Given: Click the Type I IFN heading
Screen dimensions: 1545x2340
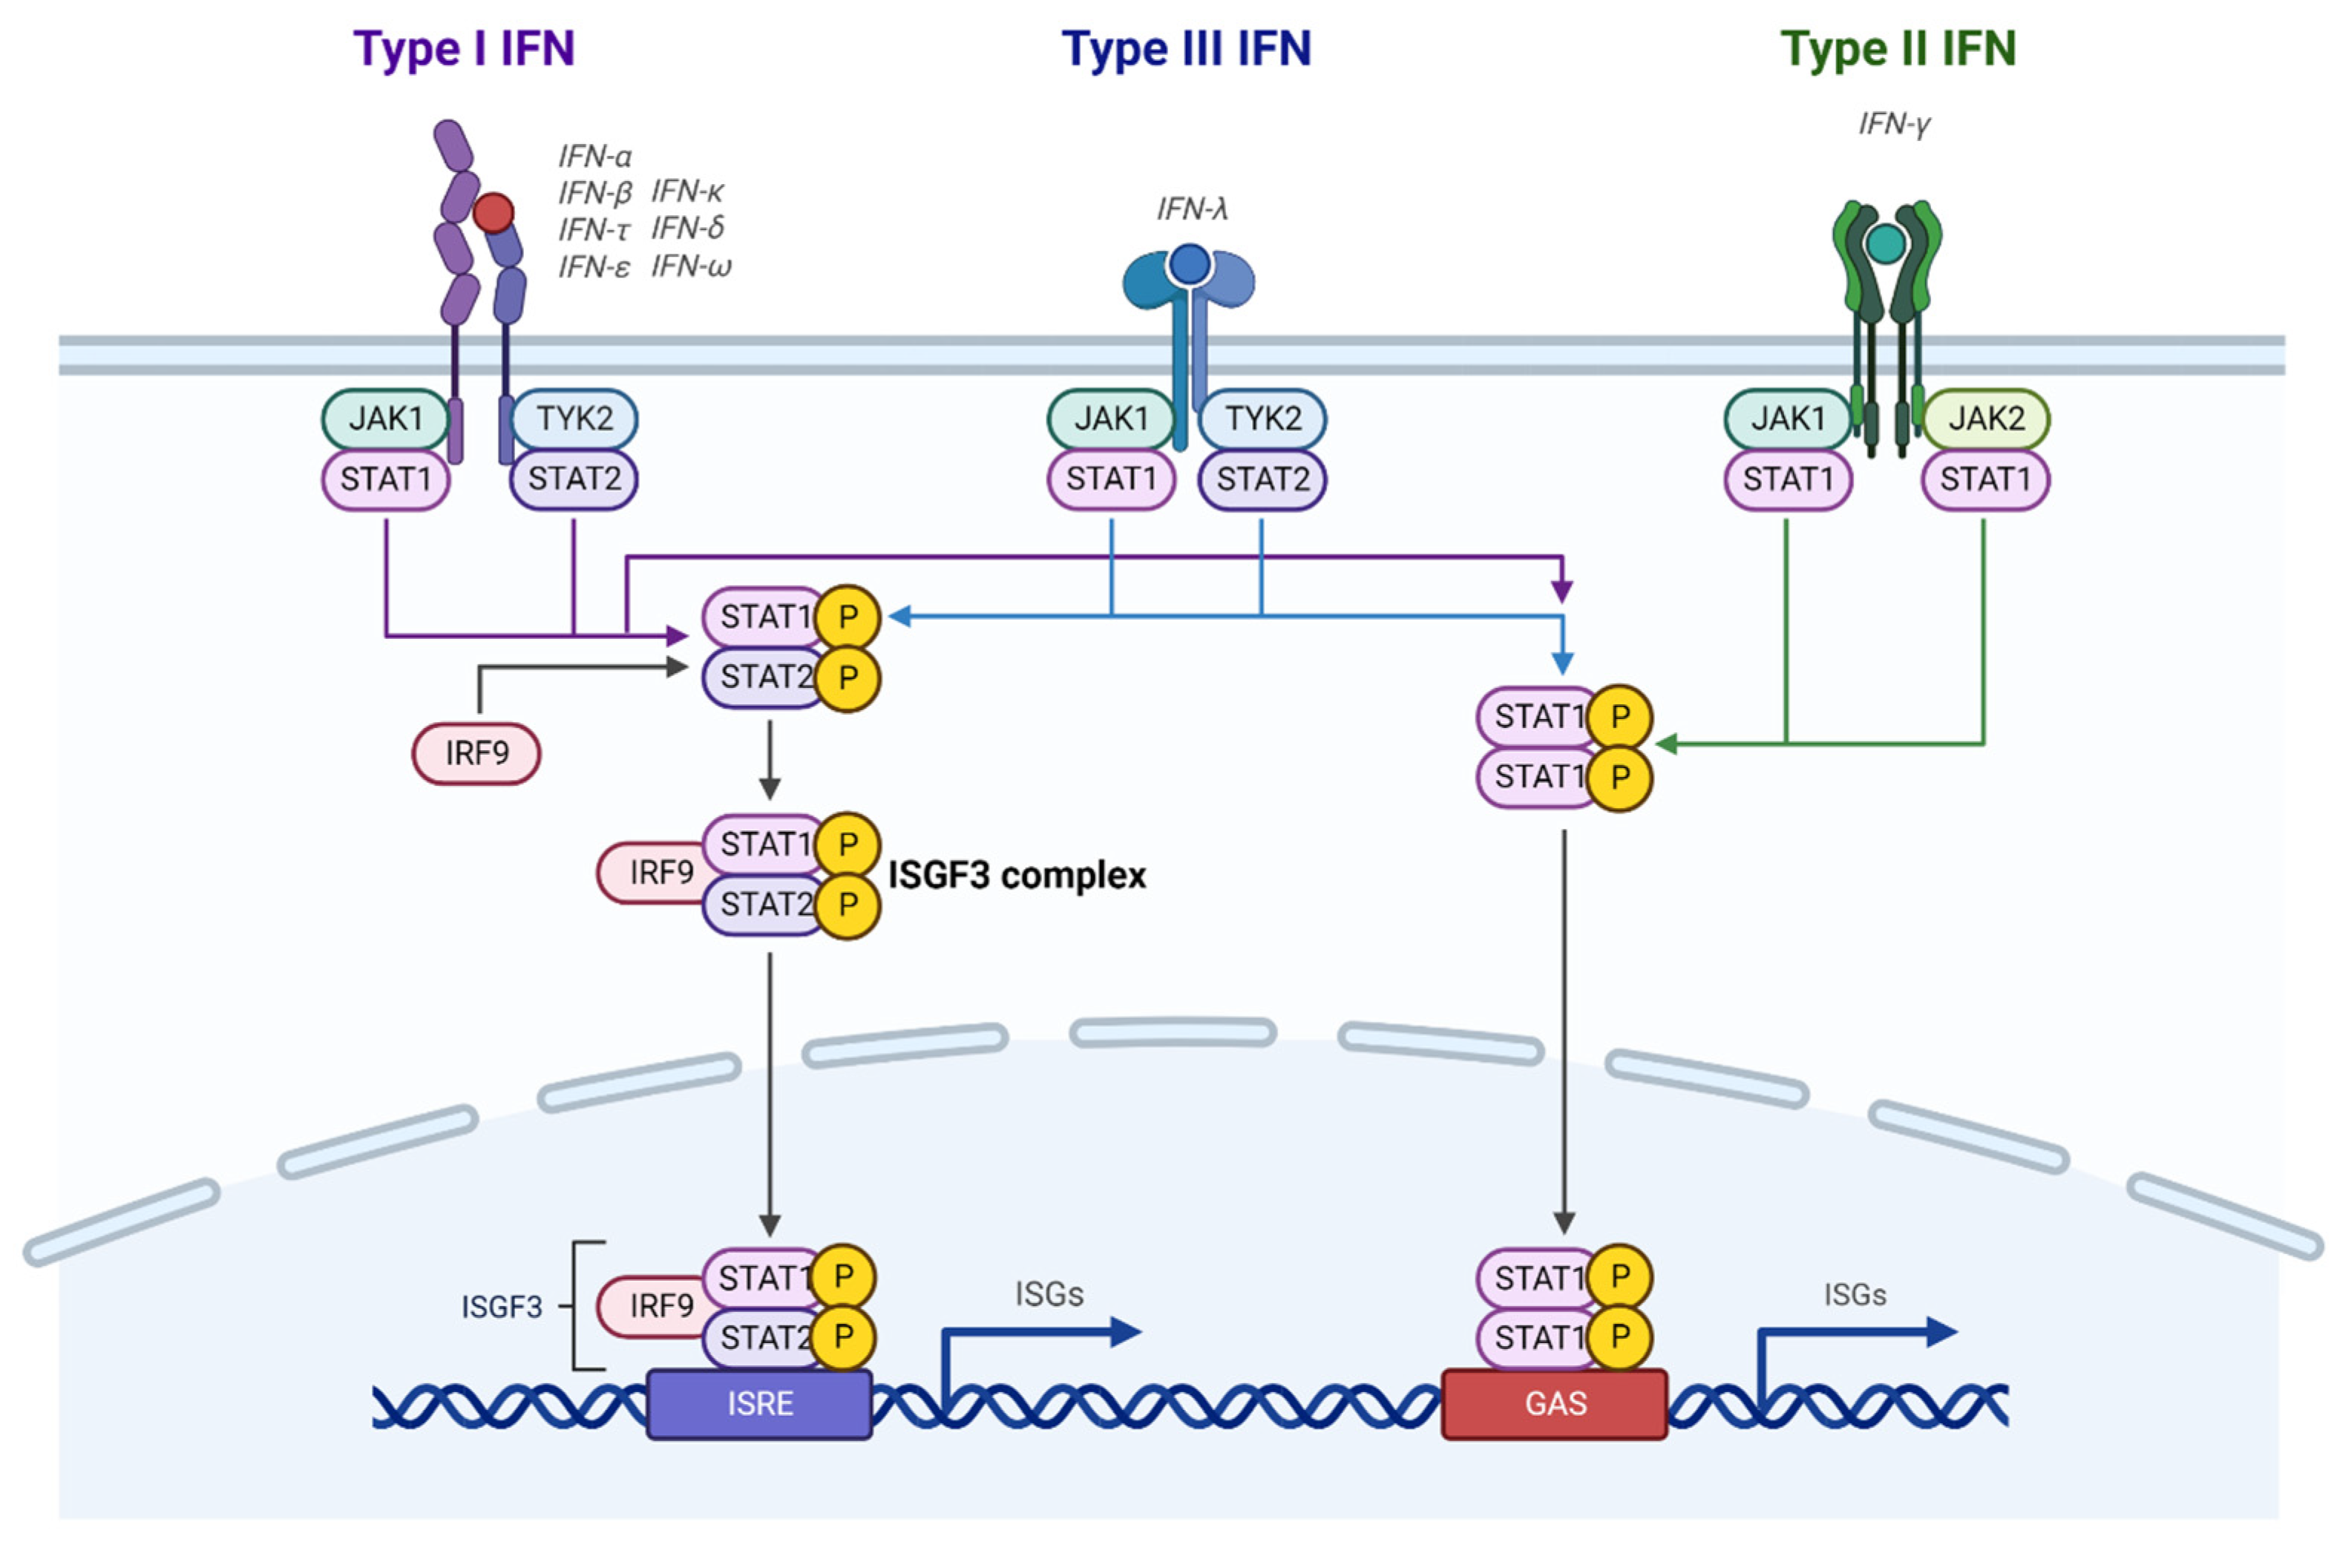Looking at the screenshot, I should pos(463,49).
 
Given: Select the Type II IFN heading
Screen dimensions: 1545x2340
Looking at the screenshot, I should pos(1898,49).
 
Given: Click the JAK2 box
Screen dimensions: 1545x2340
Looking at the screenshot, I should pos(1986,419).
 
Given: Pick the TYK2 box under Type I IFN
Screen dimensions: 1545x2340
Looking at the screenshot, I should pos(574,419).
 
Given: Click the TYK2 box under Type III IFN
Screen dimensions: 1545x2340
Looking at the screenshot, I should pos(1262,419).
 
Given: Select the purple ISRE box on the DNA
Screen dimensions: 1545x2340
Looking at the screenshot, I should pos(760,1403).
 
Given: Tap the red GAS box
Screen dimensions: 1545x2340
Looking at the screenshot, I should pos(1555,1403).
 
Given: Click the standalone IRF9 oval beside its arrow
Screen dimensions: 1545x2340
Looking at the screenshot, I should pos(476,754).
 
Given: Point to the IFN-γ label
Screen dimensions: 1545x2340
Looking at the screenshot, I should pos(1894,124).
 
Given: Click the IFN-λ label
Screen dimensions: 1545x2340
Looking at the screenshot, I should pos(1191,209).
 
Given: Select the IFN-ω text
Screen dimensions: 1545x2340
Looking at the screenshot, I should pos(691,266).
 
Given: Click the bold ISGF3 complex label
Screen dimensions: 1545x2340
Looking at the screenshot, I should pos(1017,875).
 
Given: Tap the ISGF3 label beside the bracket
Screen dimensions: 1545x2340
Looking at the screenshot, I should pos(502,1307).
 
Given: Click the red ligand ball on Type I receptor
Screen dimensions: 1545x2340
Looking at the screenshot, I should pos(494,211).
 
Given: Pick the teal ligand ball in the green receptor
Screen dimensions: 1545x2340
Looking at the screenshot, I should pos(1886,243).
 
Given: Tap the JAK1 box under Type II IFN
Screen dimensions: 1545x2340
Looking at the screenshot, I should pos(1787,419).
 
